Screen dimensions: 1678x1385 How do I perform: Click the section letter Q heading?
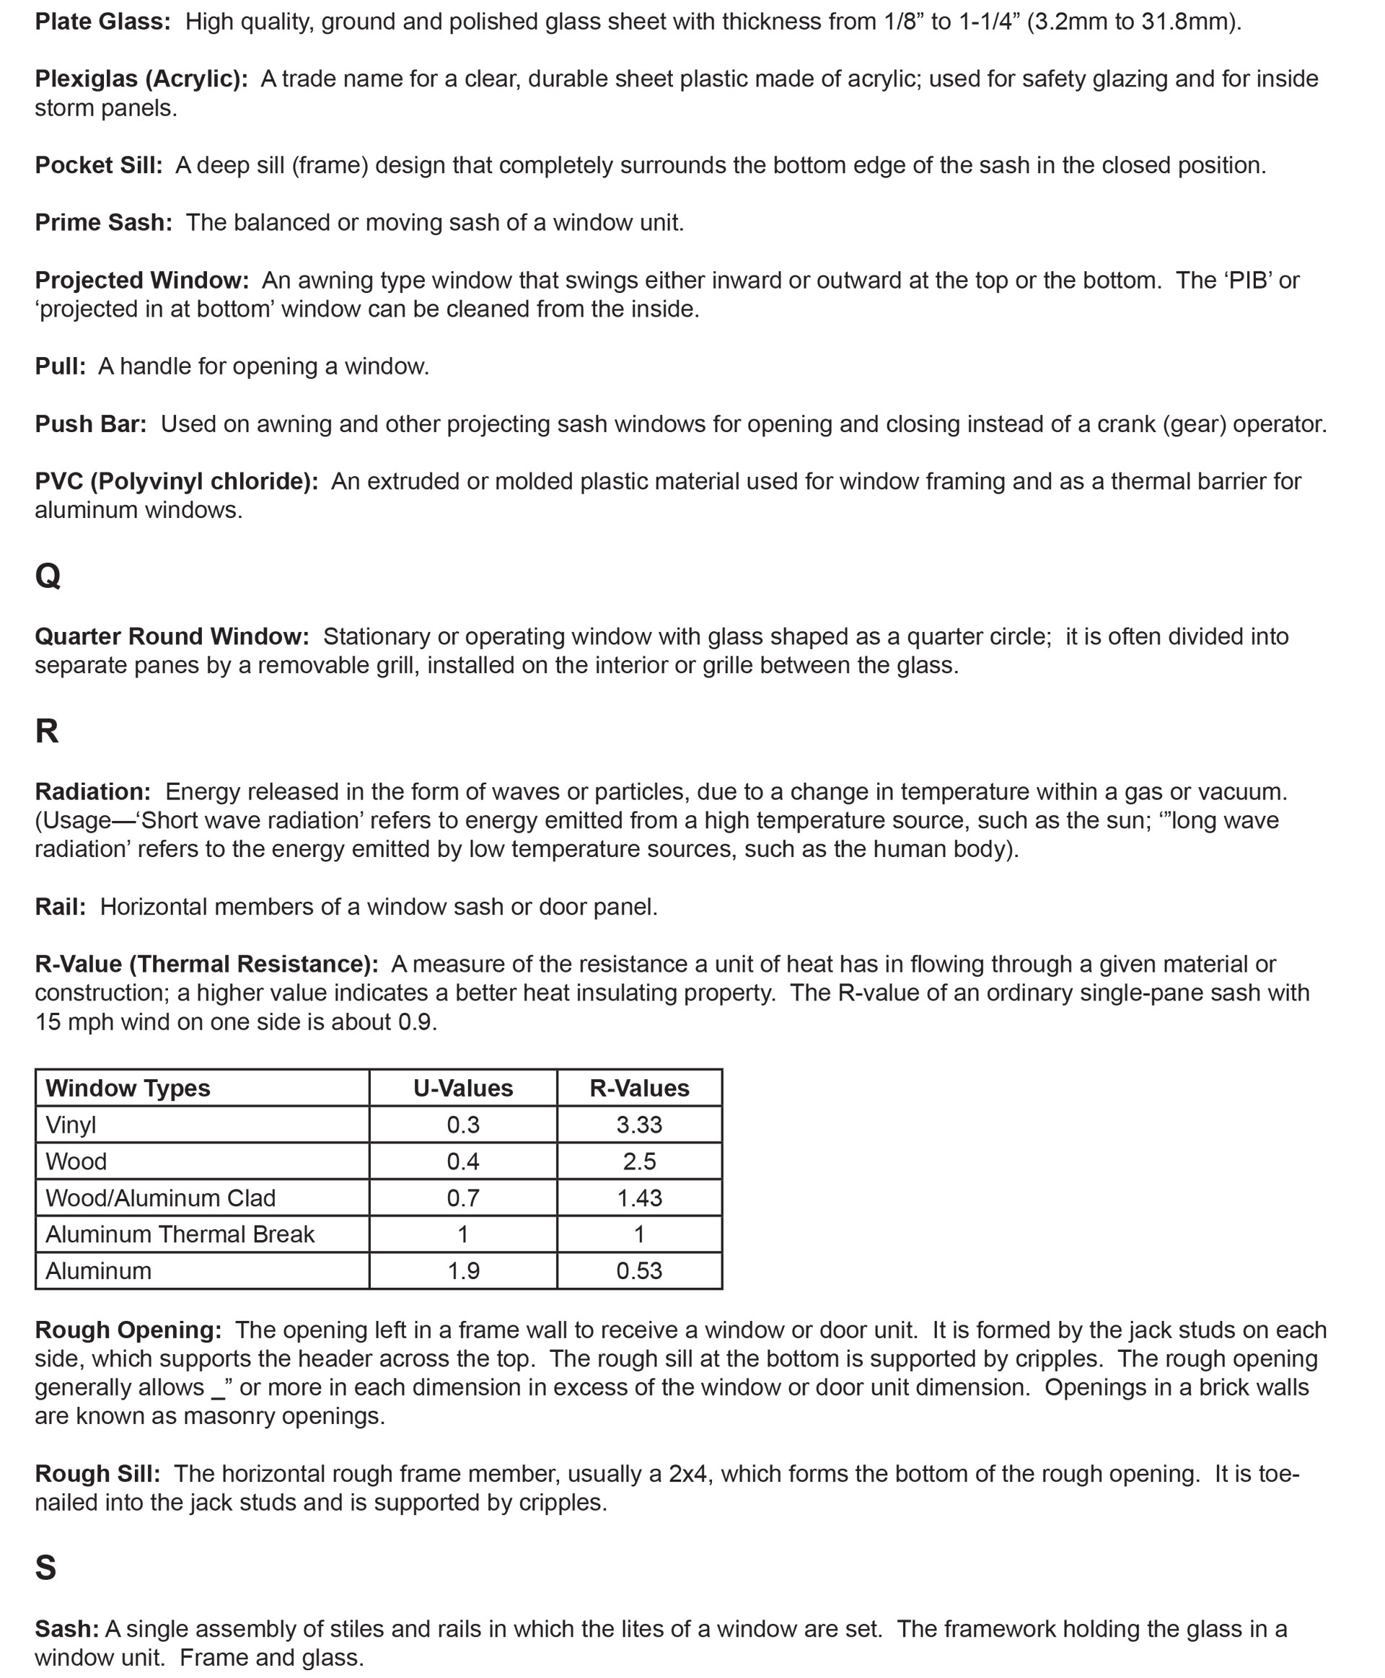coord(48,574)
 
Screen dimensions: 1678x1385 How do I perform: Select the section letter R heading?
coord(47,730)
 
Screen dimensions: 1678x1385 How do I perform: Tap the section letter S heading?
coord(46,1567)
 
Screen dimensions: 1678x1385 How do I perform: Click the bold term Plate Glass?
coord(102,22)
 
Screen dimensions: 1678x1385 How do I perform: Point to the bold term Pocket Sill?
coord(98,165)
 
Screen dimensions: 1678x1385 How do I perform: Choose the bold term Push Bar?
coord(90,423)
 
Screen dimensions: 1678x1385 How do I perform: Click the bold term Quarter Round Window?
coord(172,636)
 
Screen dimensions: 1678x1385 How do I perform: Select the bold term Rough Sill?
coord(97,1473)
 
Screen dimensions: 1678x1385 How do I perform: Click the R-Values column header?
coord(639,1089)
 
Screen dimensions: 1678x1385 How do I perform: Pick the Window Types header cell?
coord(128,1089)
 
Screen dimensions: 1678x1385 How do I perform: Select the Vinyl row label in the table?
coord(71,1125)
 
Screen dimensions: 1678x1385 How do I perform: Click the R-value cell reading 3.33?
coord(639,1125)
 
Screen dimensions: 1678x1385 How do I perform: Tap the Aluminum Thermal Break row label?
coord(180,1234)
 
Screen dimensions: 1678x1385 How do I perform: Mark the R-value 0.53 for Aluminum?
coord(639,1270)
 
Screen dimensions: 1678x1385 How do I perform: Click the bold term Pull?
coord(60,366)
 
